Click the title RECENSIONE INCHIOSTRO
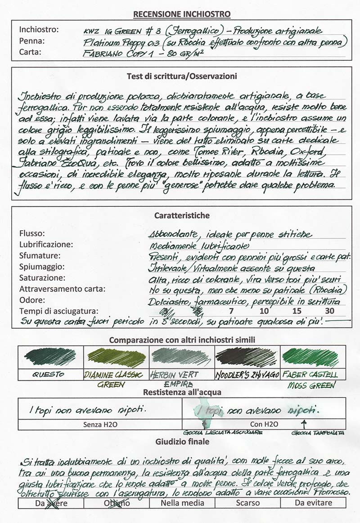pos(182,14)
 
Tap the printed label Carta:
pos(30,52)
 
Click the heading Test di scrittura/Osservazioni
pos(182,76)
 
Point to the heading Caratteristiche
pos(182,215)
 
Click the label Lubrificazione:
pos(46,245)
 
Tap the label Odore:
pos(32,300)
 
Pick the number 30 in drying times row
pos(329,311)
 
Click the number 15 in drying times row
pos(296,311)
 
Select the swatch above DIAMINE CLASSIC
pos(116,358)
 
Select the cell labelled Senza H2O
pos(100,424)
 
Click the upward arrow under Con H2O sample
pos(305,424)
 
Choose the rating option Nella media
pos(182,503)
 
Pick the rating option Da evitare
pos(313,503)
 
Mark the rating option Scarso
pos(247,503)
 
